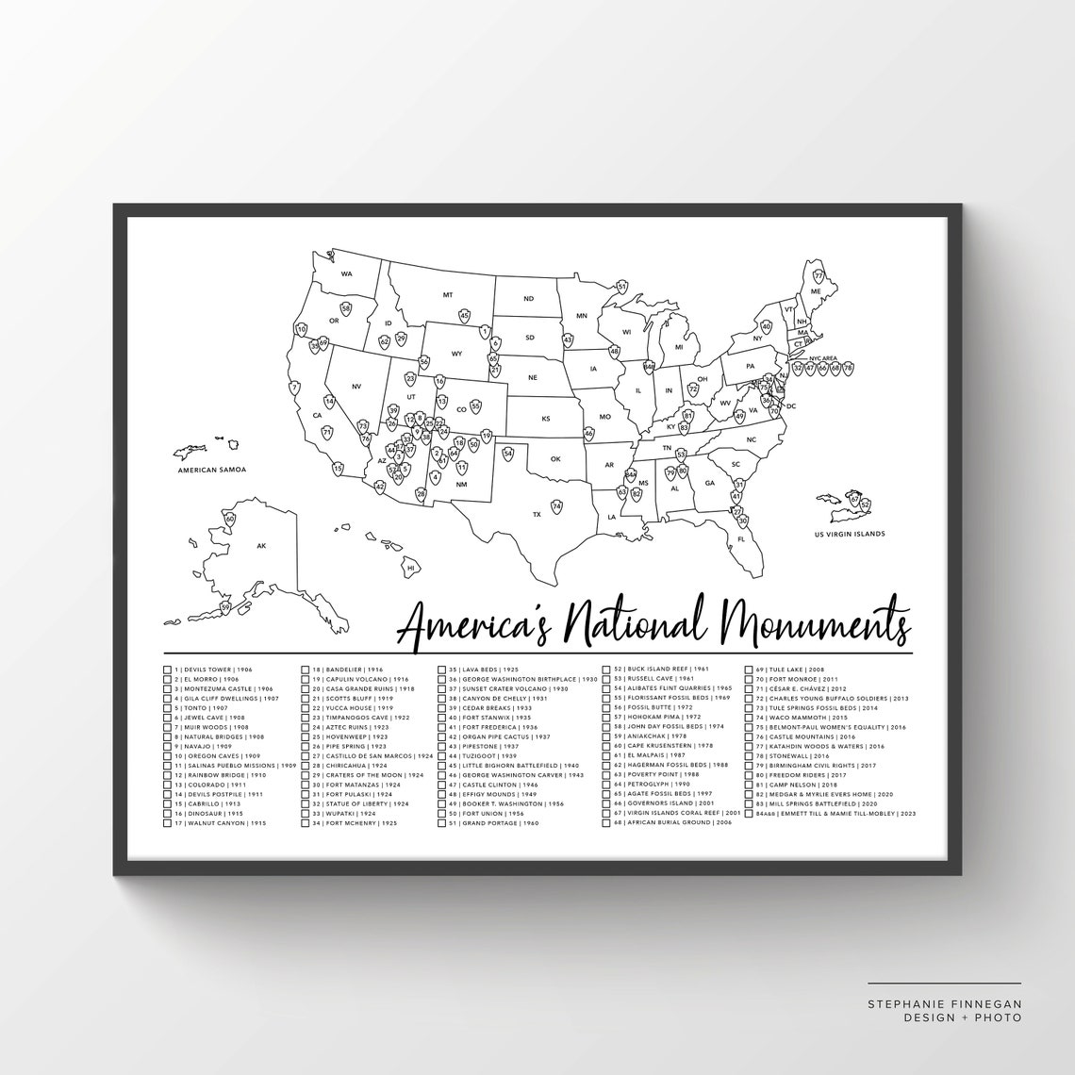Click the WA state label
tap(346, 273)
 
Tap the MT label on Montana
tap(448, 295)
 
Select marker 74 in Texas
tap(557, 506)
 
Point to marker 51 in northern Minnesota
tap(622, 286)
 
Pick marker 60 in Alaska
tap(229, 519)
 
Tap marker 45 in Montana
tap(464, 315)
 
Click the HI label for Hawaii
tap(410, 569)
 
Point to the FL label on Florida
tap(741, 539)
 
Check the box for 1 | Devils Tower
tap(168, 668)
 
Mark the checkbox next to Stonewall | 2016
tap(748, 755)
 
